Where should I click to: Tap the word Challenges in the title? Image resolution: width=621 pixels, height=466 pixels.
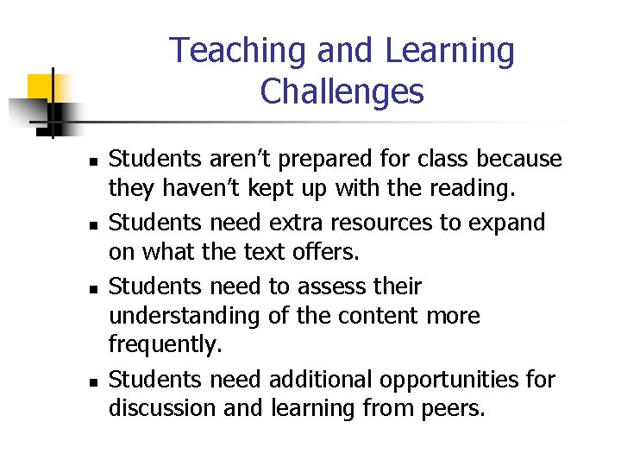pos(342,91)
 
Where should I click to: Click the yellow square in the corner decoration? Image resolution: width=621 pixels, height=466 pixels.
pos(41,88)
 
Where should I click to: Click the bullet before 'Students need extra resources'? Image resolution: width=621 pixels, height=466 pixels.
pos(98,225)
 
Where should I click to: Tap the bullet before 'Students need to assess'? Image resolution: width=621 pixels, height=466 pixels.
pos(98,288)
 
